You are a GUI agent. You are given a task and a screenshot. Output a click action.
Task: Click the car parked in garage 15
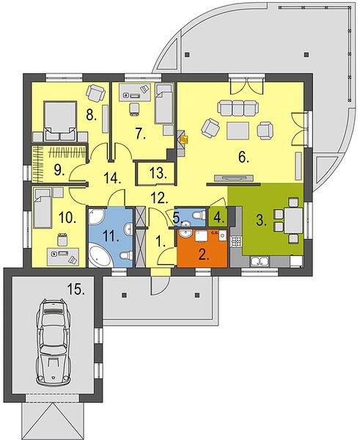[x=54, y=342]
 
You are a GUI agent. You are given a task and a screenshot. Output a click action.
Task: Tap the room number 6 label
[x=243, y=158]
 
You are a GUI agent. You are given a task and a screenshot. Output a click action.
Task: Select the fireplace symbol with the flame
[x=184, y=139]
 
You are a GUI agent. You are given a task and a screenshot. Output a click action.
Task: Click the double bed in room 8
[x=60, y=121]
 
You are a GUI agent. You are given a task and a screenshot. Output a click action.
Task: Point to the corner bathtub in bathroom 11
[x=100, y=256]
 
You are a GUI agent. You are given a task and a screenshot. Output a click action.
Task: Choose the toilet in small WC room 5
[x=199, y=216]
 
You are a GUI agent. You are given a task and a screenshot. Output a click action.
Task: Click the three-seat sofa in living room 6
[x=238, y=108]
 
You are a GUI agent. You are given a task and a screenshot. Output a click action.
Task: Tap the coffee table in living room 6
[x=238, y=131]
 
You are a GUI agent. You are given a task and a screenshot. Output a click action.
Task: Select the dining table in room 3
[x=294, y=220]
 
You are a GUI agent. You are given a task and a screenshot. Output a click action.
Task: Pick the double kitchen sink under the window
[x=260, y=261]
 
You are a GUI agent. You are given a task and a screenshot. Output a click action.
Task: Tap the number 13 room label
[x=158, y=173]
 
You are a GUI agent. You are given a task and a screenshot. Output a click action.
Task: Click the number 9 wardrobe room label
[x=59, y=170]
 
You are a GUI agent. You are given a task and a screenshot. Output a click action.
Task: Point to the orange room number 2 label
[x=203, y=254]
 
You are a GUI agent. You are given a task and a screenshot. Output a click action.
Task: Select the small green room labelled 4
[x=218, y=216]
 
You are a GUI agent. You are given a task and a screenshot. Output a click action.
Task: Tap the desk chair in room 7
[x=134, y=109]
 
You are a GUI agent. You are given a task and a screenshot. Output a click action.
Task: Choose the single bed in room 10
[x=43, y=208]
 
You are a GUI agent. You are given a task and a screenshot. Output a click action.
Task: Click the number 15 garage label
[x=76, y=290]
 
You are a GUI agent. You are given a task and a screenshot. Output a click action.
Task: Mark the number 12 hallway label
[x=159, y=198]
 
